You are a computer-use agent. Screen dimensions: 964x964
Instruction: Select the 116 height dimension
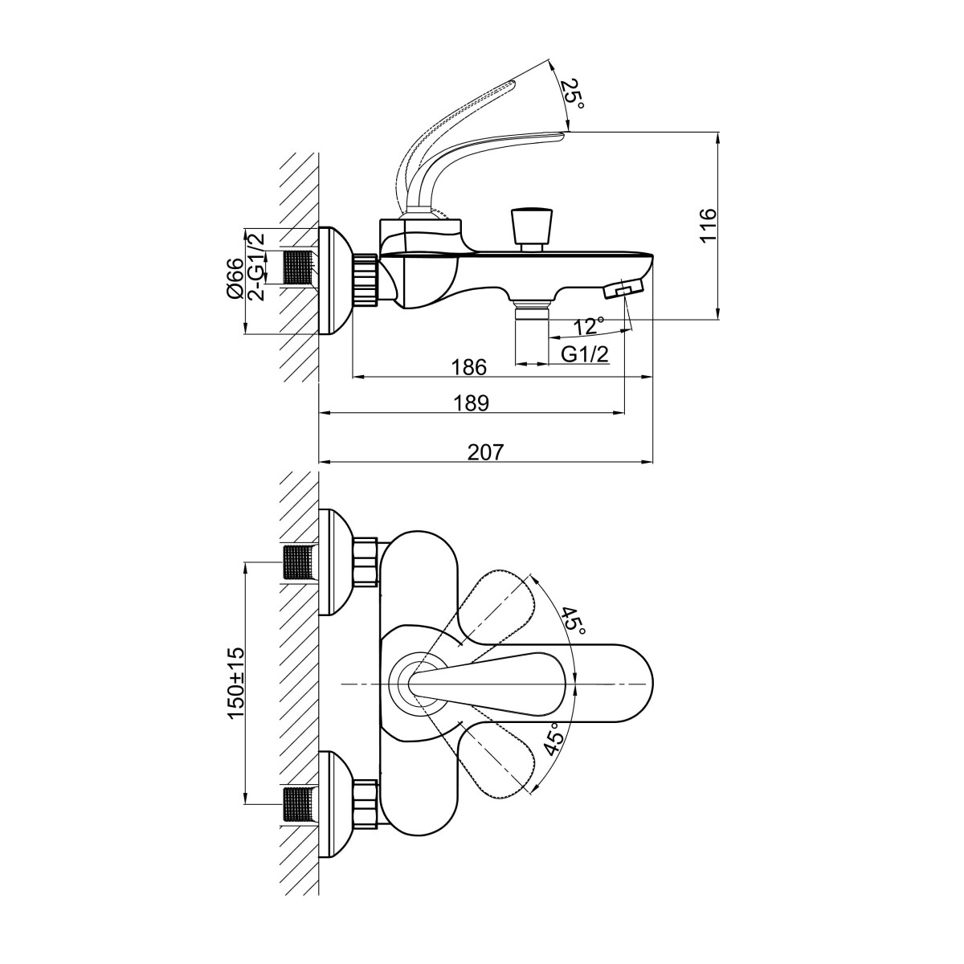pos(708,225)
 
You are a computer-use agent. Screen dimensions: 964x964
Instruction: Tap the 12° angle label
pos(589,326)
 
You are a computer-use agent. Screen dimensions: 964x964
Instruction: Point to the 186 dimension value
pos(469,367)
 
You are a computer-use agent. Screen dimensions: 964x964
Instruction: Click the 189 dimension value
pos(472,403)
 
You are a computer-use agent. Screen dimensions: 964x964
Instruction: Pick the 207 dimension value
pos(485,453)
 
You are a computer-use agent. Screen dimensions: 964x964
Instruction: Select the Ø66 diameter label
pos(234,280)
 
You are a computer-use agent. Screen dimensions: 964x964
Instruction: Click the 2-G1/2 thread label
pos(256,266)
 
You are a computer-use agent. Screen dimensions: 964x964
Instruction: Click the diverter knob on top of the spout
pos(531,228)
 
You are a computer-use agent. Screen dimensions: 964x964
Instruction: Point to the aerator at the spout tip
pos(624,288)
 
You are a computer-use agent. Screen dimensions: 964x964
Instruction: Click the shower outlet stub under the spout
pos(530,332)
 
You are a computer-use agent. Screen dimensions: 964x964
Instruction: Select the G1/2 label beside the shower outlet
pos(584,354)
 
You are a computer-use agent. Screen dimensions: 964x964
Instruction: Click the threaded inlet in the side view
pos(300,268)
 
